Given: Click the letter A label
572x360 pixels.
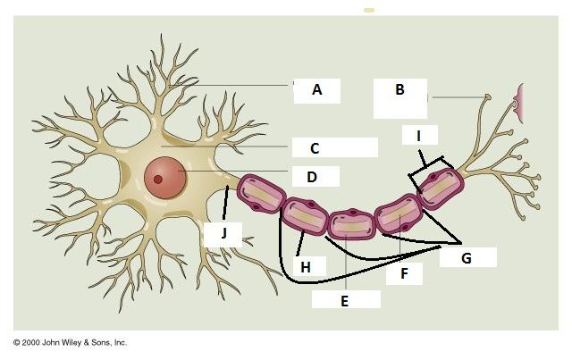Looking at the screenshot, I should tap(317, 89).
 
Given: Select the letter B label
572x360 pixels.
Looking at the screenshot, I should tap(400, 89).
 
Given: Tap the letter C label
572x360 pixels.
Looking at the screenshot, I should tap(315, 148).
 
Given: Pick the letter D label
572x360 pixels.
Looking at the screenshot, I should tap(311, 177).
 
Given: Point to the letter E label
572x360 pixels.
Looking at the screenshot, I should tap(344, 301).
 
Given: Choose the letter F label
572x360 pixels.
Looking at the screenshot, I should tap(405, 274).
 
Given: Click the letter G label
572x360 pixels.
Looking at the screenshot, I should tap(466, 257).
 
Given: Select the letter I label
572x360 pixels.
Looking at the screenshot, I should tap(419, 136).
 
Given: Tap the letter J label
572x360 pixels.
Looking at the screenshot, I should tap(224, 235).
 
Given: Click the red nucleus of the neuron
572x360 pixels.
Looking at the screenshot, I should tap(166, 175).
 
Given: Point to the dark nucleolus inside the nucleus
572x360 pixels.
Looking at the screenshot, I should tap(158, 180).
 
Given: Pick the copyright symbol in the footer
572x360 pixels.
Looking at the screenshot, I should tap(16, 342).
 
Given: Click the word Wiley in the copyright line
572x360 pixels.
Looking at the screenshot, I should tap(74, 342).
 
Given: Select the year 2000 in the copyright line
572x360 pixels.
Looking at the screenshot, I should tap(32, 342).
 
